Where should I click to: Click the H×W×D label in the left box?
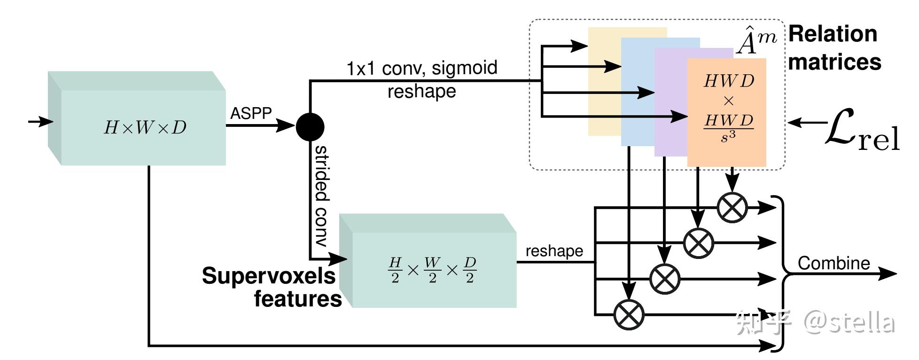(145, 127)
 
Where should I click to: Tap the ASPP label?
(251, 113)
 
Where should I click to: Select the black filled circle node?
(310, 126)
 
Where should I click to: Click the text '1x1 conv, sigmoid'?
(421, 68)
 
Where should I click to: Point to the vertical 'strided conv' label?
(321, 196)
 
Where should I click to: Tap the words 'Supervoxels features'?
(272, 287)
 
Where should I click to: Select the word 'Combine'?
(833, 263)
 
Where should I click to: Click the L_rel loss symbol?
(862, 130)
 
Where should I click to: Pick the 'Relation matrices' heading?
(834, 48)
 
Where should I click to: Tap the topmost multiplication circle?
(732, 207)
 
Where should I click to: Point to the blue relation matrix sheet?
(638, 92)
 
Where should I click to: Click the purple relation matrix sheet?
(671, 102)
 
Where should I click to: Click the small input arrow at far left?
(41, 122)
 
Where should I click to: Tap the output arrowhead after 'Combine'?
(888, 274)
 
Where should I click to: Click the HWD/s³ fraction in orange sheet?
(728, 127)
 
